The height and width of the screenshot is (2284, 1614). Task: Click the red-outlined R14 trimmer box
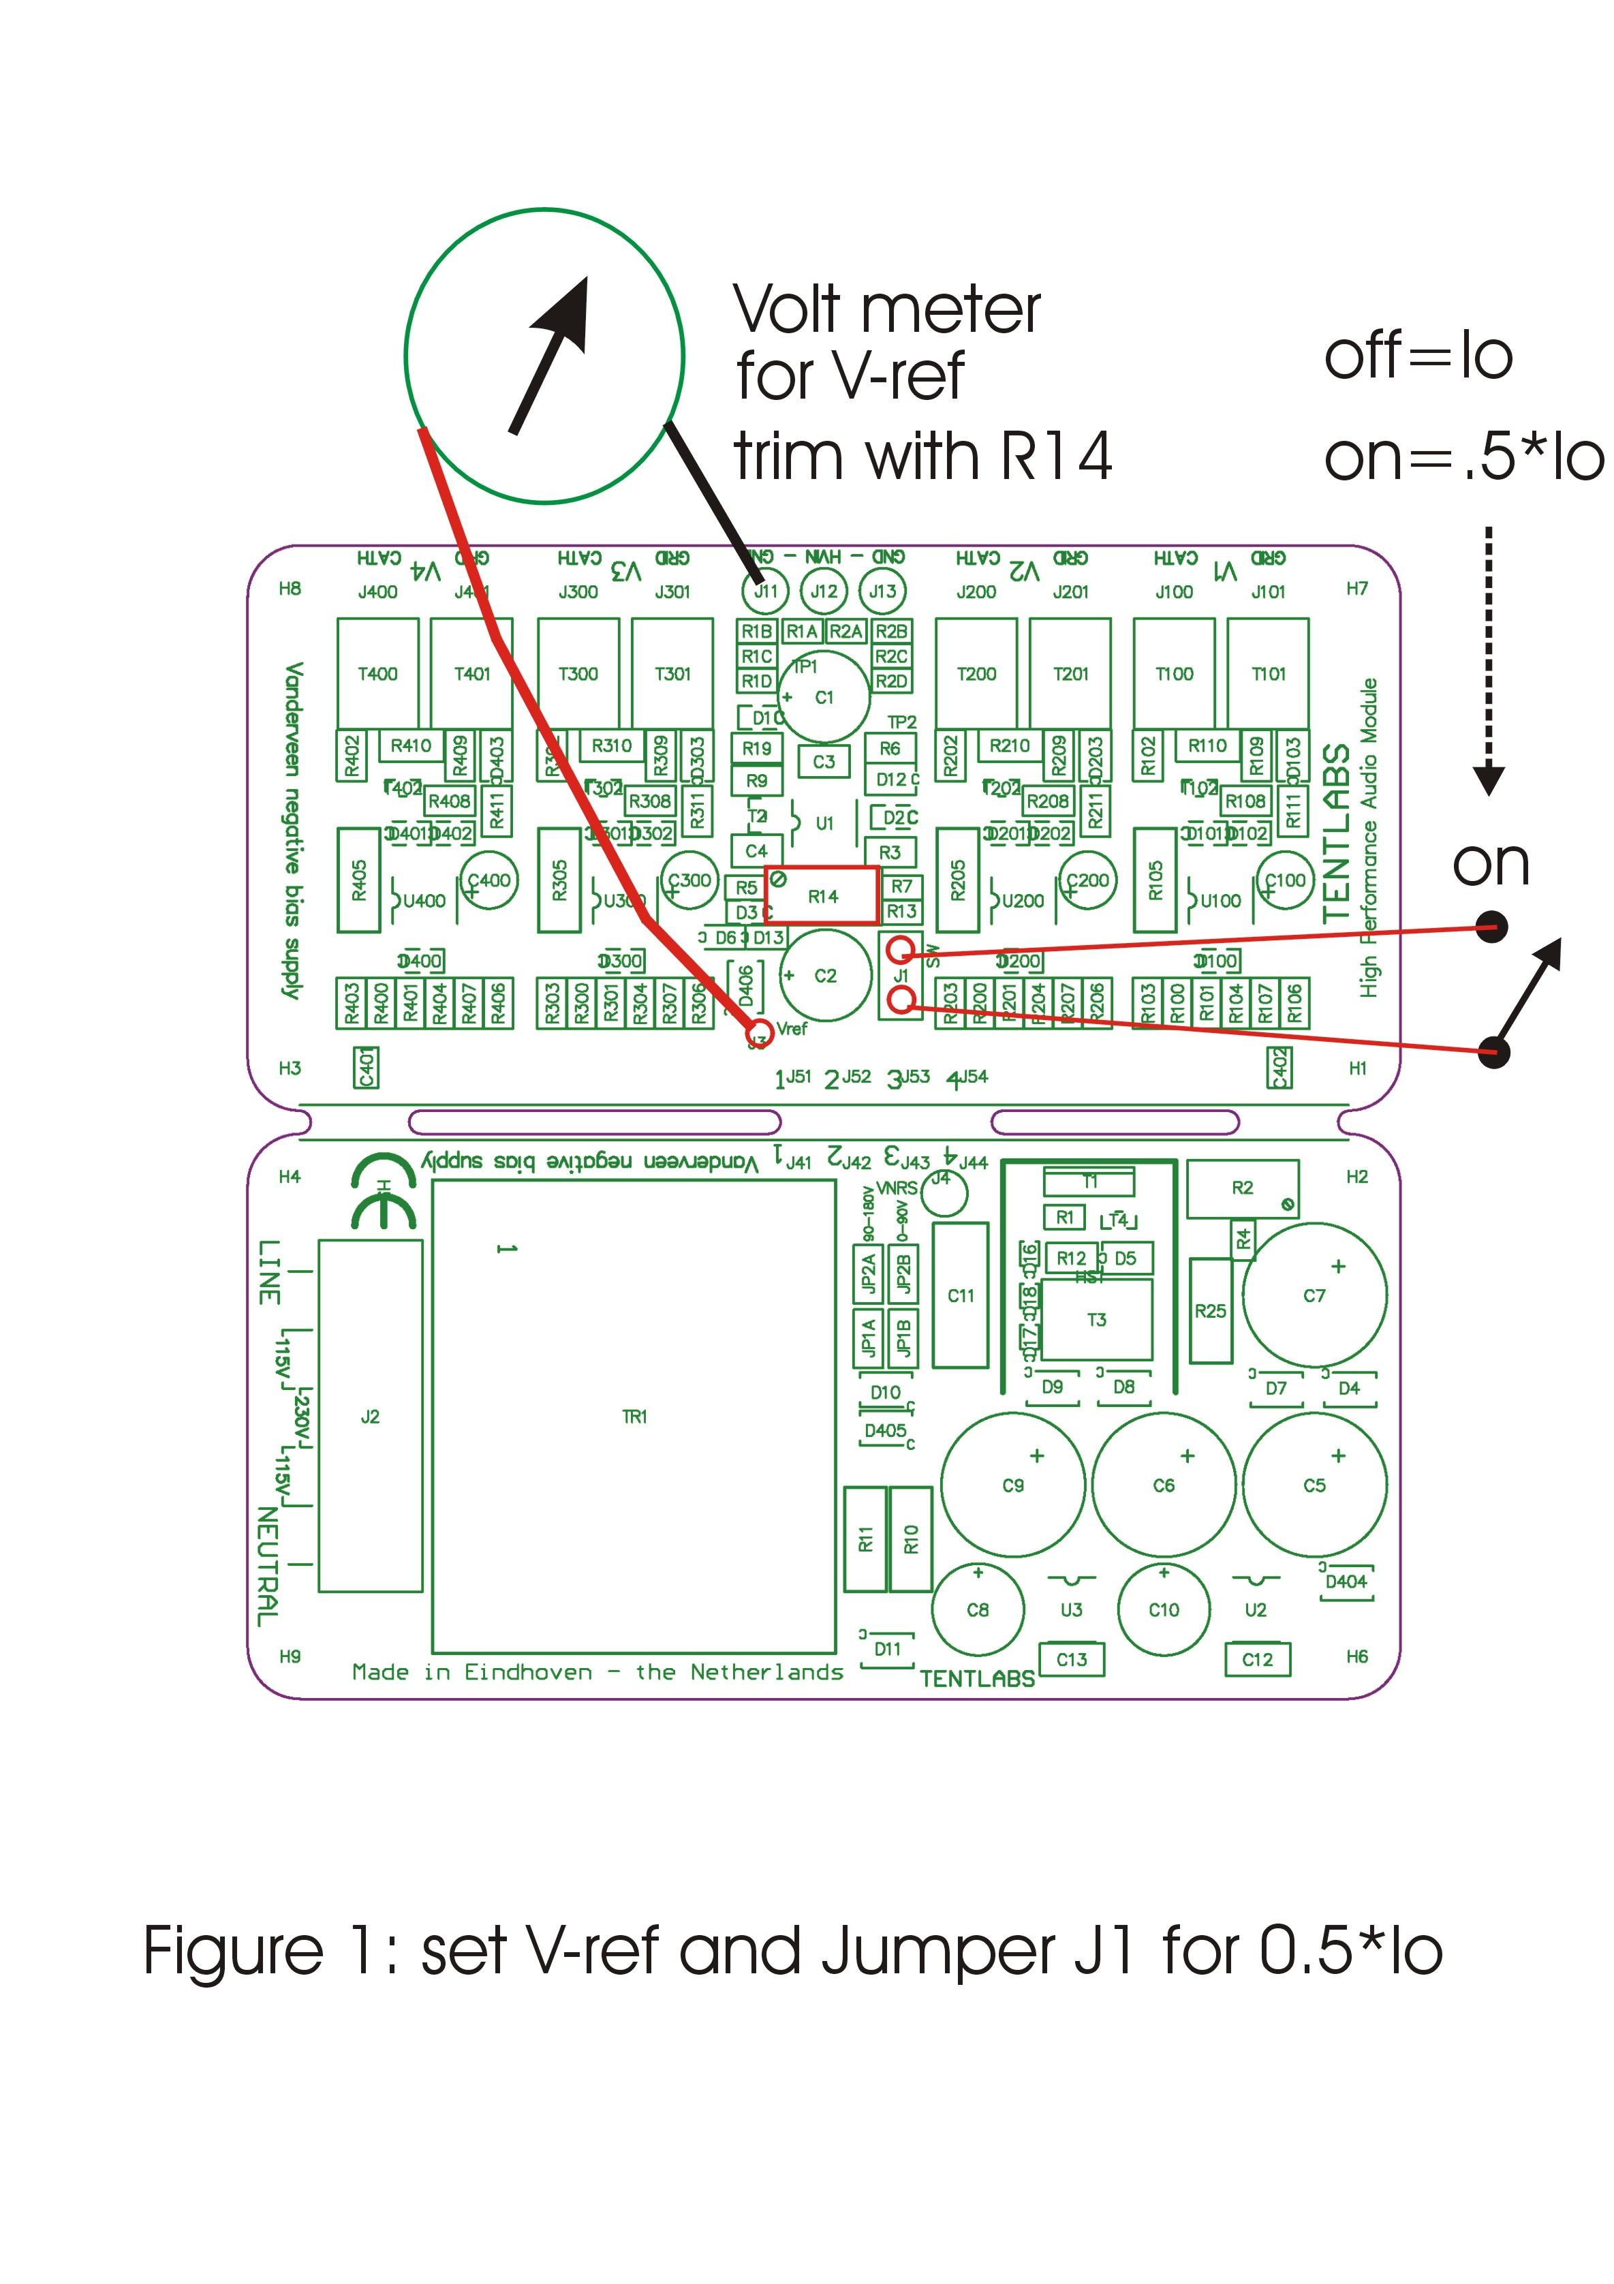click(822, 895)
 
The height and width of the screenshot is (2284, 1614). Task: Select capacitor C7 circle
click(1314, 1295)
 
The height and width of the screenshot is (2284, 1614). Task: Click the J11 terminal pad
click(764, 591)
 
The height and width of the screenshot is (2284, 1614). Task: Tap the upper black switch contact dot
click(1491, 927)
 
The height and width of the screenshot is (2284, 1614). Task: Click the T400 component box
click(378, 673)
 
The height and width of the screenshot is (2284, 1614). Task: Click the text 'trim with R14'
click(922, 457)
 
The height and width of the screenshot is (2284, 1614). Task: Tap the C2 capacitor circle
click(826, 975)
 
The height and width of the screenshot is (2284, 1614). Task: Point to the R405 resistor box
click(359, 880)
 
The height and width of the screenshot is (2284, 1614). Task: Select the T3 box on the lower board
click(1096, 1320)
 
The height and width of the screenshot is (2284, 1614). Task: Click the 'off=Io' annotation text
click(1418, 356)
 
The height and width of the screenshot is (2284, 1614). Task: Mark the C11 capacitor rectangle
click(961, 1295)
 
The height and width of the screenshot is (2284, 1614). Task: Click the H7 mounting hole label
click(1356, 588)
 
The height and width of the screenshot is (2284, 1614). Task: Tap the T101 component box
click(1268, 673)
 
